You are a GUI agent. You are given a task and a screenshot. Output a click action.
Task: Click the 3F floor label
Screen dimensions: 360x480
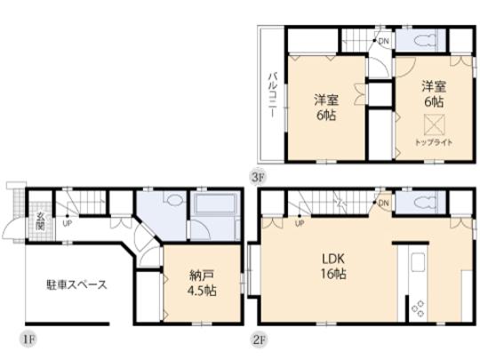click(x=258, y=177)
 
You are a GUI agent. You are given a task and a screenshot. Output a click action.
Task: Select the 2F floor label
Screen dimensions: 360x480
click(x=258, y=339)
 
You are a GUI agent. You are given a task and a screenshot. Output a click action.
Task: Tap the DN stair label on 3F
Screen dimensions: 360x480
click(x=383, y=41)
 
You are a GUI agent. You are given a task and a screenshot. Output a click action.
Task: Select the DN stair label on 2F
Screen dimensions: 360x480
click(x=383, y=204)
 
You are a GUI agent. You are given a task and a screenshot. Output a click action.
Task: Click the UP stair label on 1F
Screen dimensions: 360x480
click(x=66, y=222)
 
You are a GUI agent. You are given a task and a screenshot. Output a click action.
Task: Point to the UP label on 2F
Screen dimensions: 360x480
click(x=300, y=222)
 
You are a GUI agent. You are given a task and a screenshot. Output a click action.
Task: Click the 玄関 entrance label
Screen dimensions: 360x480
click(x=40, y=220)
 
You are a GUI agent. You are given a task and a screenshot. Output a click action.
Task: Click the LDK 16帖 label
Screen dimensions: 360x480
click(x=334, y=267)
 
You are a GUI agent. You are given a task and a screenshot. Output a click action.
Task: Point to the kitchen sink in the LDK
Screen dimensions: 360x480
click(x=417, y=265)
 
